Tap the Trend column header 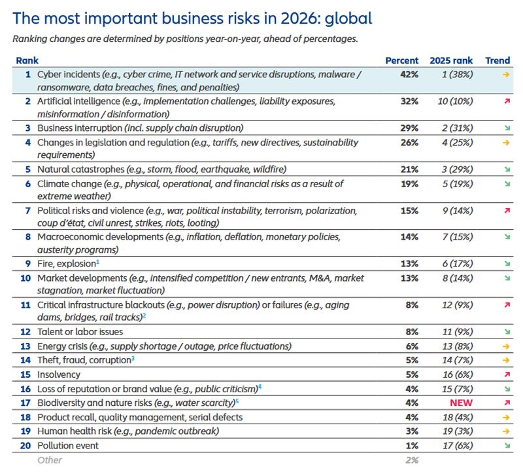pyautogui.click(x=498, y=60)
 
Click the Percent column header pyautogui.click(x=402, y=60)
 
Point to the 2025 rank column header pyautogui.click(x=451, y=60)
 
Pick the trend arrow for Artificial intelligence pyautogui.click(x=507, y=103)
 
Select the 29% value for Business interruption pyautogui.click(x=409, y=128)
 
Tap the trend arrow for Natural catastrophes pyautogui.click(x=507, y=170)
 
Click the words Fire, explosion pyautogui.click(x=65, y=263)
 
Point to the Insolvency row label pyautogui.click(x=59, y=374)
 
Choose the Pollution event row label pyautogui.click(x=67, y=445)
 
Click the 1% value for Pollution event pyautogui.click(x=411, y=445)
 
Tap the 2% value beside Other pyautogui.click(x=411, y=460)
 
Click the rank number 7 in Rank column pyautogui.click(x=27, y=211)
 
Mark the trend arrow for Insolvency pyautogui.click(x=507, y=375)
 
